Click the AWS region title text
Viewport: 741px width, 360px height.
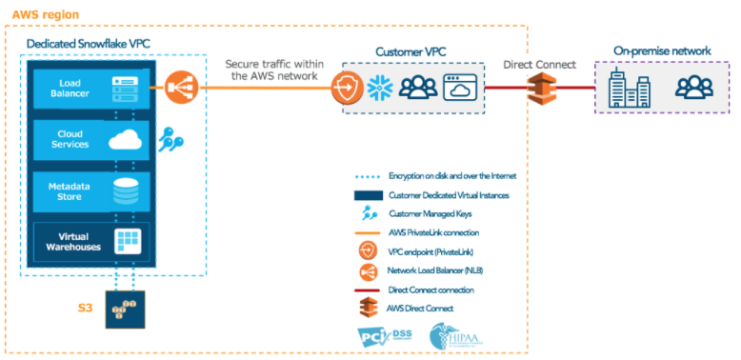tap(45, 15)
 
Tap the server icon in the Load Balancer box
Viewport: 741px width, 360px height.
tap(126, 89)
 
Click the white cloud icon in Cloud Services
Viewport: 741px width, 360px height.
tap(126, 139)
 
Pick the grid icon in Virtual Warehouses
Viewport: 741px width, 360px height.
tap(126, 241)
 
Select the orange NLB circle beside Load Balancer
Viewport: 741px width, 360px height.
tap(178, 89)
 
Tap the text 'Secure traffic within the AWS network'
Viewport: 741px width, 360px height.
tap(268, 70)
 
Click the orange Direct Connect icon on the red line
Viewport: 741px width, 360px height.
tap(538, 90)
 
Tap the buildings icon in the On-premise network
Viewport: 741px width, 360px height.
tap(629, 90)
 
